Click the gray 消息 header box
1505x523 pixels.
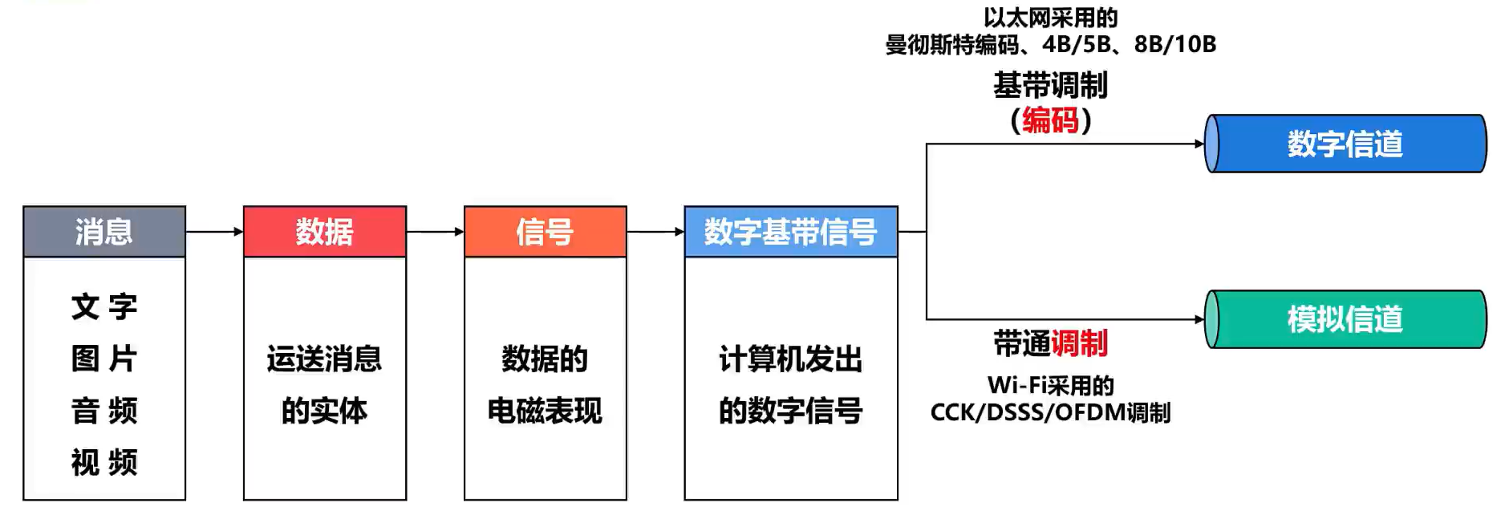(104, 232)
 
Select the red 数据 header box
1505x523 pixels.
(325, 232)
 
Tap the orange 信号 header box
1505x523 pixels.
(546, 232)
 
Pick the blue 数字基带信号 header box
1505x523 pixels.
(791, 232)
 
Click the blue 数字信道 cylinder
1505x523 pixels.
(1345, 144)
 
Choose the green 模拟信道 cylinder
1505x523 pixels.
(1345, 319)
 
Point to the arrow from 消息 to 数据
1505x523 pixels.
(215, 232)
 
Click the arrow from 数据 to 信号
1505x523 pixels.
(436, 232)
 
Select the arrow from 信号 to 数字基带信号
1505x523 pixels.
(655, 232)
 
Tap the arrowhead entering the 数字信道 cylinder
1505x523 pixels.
(1199, 144)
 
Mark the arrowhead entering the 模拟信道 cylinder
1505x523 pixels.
(1199, 319)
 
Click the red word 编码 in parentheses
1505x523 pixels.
(1051, 120)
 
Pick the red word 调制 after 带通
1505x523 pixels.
(1080, 343)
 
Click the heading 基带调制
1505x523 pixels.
(1051, 85)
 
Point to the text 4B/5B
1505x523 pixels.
(1076, 44)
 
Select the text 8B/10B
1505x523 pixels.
(1175, 44)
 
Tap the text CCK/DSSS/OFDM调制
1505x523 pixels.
(1051, 412)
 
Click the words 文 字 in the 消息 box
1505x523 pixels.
(104, 306)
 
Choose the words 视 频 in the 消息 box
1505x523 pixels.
(104, 463)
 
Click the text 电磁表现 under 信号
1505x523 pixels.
(546, 411)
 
